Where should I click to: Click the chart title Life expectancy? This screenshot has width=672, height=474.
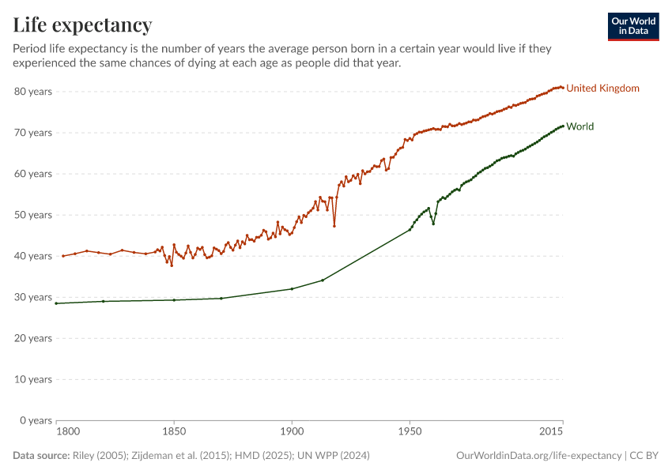(82, 25)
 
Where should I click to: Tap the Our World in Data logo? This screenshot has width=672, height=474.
(633, 26)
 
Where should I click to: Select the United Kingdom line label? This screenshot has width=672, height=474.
(602, 88)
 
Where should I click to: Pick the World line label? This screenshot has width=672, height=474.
(580, 126)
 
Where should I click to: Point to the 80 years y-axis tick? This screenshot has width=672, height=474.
(33, 92)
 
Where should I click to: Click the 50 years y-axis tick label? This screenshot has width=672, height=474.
(33, 215)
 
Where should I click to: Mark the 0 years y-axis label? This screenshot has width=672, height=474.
(36, 420)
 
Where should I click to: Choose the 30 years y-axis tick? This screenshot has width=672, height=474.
(33, 297)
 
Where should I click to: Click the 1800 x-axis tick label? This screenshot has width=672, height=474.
(68, 433)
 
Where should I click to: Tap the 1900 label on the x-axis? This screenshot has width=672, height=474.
(292, 433)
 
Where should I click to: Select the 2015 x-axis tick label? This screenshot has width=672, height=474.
(551, 433)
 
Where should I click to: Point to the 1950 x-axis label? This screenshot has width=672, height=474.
(410, 433)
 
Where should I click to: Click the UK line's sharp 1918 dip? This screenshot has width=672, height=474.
(334, 226)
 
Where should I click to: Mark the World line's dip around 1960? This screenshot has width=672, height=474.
(433, 224)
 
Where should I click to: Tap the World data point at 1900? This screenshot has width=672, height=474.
(292, 288)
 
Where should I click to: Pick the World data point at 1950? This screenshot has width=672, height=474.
(410, 229)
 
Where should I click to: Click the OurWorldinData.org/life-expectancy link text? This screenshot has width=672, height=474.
(539, 456)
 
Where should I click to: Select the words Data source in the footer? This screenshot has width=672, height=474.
(41, 456)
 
